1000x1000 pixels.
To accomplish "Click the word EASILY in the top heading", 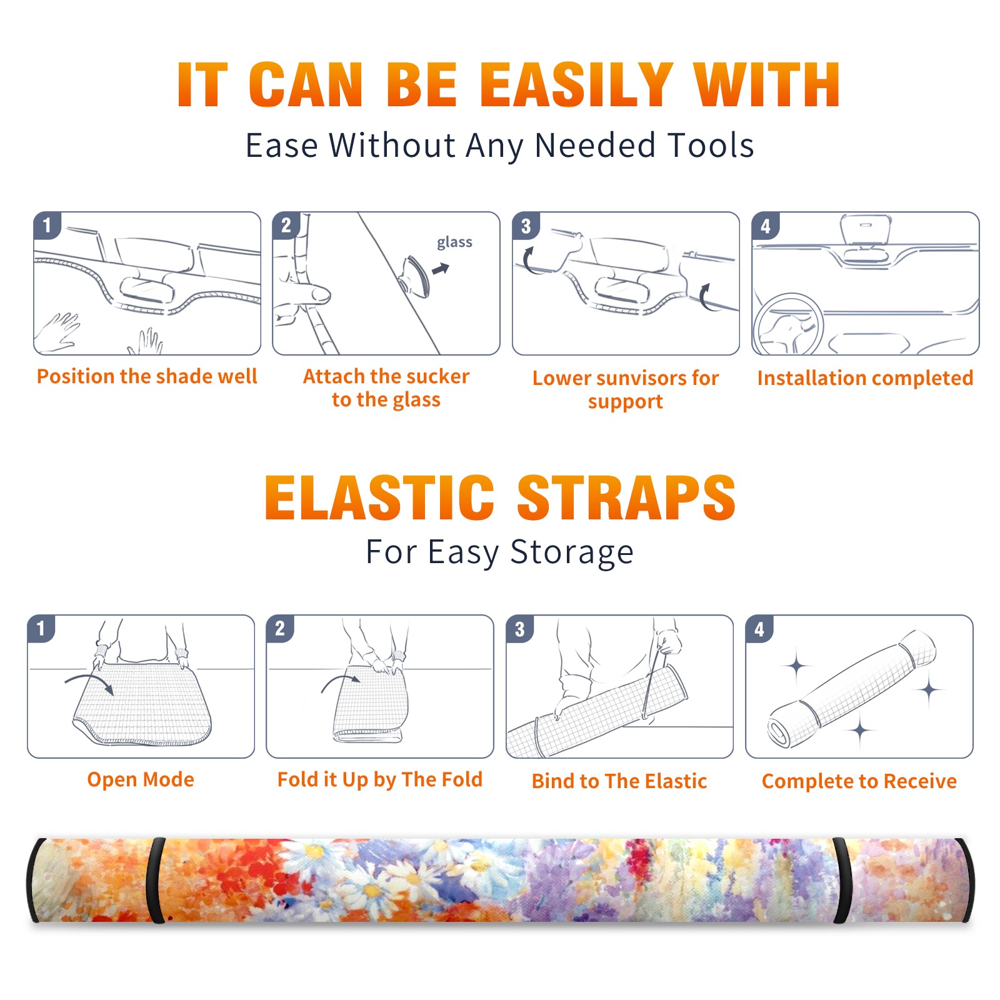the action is pos(576,85).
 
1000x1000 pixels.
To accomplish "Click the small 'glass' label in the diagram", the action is pos(454,242).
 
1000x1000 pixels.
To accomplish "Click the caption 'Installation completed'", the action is pos(865,378).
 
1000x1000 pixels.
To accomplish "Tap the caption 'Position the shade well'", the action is pos(147,376).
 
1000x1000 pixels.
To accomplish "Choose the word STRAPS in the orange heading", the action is pos(626,497).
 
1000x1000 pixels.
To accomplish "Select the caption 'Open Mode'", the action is pos(141,779).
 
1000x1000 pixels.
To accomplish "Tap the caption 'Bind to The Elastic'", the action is pos(619,781).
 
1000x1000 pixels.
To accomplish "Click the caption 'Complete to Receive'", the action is pos(859,781).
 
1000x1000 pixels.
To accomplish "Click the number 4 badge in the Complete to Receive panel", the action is pos(759,629).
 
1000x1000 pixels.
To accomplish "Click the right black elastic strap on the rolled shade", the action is pos(841,880).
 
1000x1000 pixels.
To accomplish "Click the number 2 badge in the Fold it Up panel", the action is pos(280,629).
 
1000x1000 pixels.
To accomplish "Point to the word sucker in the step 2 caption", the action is pos(437,376).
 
